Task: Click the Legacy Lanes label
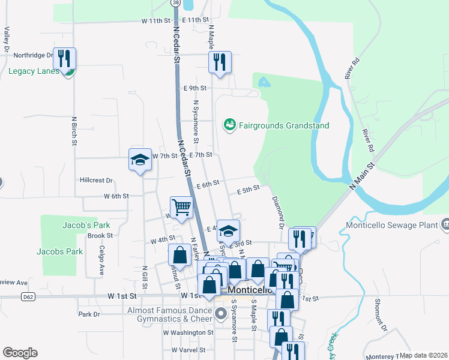coord(34,71)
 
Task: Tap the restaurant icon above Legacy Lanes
coord(64,58)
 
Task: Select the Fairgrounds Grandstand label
coord(284,125)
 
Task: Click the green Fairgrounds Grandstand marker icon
coord(229,125)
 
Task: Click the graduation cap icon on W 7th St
coord(140,160)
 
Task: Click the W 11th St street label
coord(156,20)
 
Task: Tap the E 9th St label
coord(194,88)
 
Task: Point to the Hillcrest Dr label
coord(96,180)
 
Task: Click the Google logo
coord(20,352)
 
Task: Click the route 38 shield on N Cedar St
coord(175,2)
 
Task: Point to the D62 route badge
coord(28,296)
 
